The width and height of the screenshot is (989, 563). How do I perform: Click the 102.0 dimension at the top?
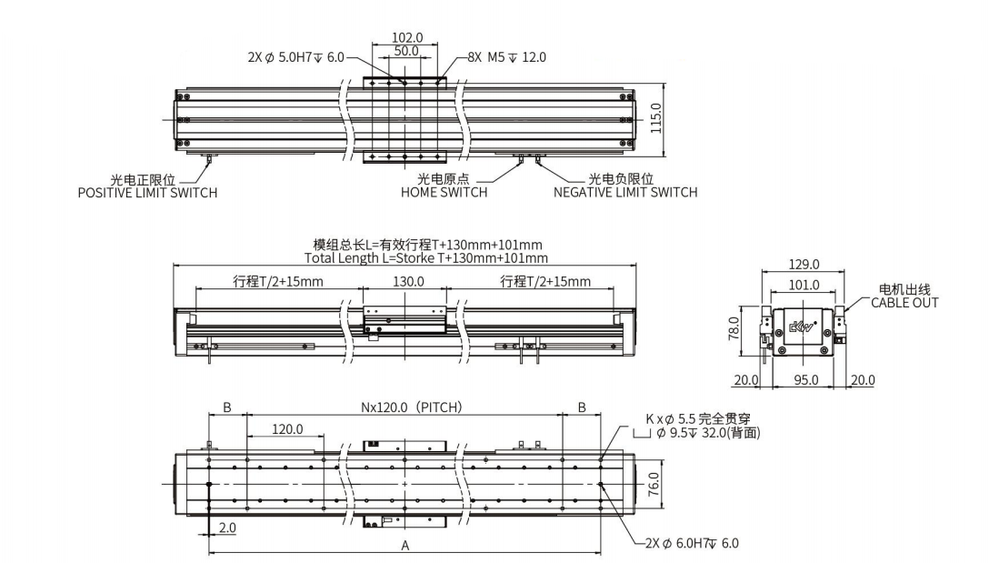[x=407, y=38]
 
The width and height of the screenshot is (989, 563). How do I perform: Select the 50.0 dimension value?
[x=407, y=52]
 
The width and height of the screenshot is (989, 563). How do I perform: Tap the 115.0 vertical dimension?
[x=656, y=117]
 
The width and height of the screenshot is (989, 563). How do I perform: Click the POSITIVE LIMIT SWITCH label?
[x=147, y=192]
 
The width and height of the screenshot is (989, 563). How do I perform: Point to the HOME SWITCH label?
[x=444, y=192]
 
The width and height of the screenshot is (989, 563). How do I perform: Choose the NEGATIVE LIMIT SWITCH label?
[x=625, y=192]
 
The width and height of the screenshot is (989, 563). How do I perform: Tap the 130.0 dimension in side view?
[x=409, y=282]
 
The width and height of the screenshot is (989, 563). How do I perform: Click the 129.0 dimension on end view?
[x=804, y=265]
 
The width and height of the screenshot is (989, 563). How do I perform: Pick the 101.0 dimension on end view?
[x=804, y=285]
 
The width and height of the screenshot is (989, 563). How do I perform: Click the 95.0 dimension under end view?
[x=805, y=379]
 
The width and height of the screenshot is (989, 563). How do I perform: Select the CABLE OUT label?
[x=904, y=302]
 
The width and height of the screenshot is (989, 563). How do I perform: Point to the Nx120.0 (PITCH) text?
[x=413, y=407]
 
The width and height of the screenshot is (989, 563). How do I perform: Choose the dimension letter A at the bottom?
[x=405, y=545]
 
